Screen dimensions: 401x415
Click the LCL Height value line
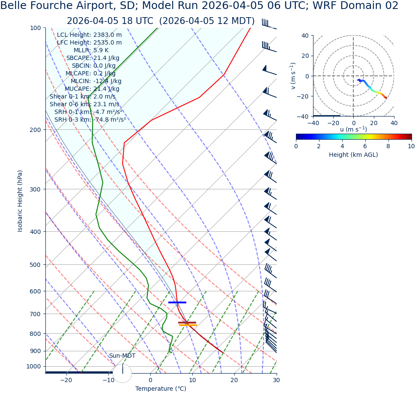(x=89, y=35)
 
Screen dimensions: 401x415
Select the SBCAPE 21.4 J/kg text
(x=93, y=58)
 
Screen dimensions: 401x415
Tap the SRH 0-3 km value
(x=90, y=120)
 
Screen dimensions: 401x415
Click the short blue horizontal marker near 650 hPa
(x=177, y=302)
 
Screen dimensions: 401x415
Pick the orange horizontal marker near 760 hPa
(x=188, y=325)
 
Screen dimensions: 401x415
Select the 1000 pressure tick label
(x=34, y=367)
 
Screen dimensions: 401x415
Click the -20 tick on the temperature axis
(x=66, y=380)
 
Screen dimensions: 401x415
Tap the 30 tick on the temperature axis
(x=276, y=380)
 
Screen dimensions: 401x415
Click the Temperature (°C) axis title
(x=161, y=389)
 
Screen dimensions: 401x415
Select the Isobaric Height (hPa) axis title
(x=20, y=201)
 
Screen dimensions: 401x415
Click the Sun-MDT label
(x=122, y=356)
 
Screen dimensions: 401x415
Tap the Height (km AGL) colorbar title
(x=353, y=155)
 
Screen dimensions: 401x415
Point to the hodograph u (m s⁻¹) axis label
(x=353, y=129)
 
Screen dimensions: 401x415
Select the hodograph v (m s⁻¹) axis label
(x=293, y=76)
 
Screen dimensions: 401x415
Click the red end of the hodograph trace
(x=386, y=98)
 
